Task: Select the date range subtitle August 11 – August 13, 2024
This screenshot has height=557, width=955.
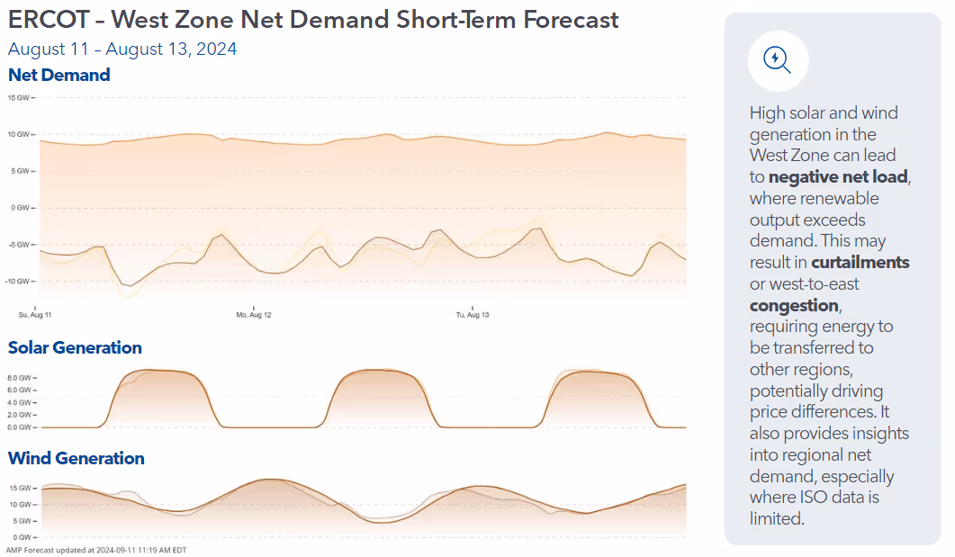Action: pyautogui.click(x=122, y=49)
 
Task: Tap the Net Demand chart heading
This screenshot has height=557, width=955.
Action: pyautogui.click(x=59, y=75)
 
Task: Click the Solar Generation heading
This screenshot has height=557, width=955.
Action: pyautogui.click(x=75, y=347)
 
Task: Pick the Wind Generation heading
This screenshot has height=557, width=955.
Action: pyautogui.click(x=77, y=458)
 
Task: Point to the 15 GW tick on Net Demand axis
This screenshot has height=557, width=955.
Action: pyautogui.click(x=19, y=97)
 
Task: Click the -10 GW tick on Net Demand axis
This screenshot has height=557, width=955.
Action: pyautogui.click(x=19, y=281)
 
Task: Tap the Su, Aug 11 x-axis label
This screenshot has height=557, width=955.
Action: pyautogui.click(x=35, y=315)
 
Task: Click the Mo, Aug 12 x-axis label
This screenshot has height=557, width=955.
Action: pyautogui.click(x=254, y=315)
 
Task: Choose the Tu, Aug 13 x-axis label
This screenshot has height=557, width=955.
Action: pyautogui.click(x=473, y=315)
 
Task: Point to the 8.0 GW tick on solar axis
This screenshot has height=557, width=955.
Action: pyautogui.click(x=20, y=378)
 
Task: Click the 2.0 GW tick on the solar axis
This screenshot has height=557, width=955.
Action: pyautogui.click(x=20, y=415)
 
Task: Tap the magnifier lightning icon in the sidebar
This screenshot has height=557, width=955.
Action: pyautogui.click(x=777, y=60)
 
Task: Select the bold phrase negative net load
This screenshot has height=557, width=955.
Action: pyautogui.click(x=838, y=177)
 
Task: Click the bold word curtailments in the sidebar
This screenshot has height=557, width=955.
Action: pyautogui.click(x=860, y=263)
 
